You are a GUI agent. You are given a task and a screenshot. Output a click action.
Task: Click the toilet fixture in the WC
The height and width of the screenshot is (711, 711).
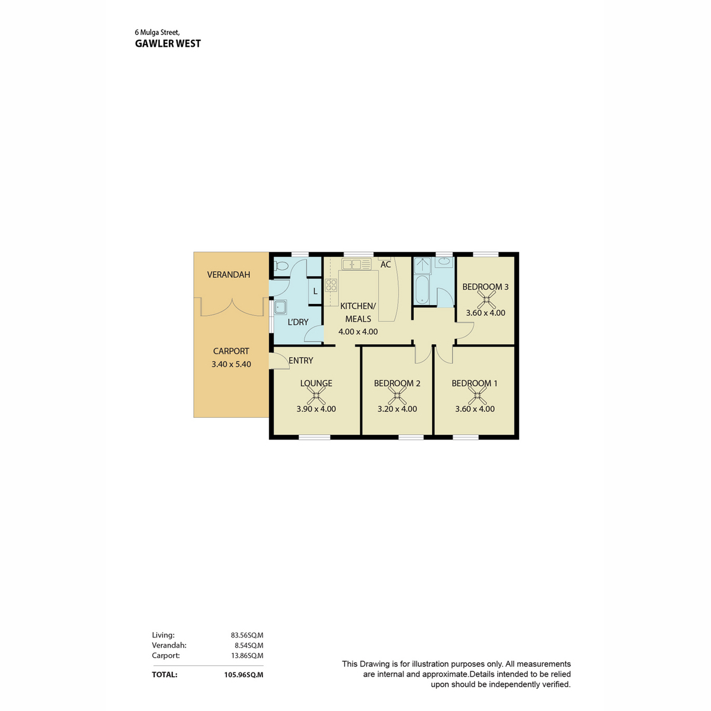[281, 265]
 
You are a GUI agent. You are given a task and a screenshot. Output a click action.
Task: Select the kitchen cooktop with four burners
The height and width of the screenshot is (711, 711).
[331, 285]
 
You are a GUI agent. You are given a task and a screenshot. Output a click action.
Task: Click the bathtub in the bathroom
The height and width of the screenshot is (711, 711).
[422, 289]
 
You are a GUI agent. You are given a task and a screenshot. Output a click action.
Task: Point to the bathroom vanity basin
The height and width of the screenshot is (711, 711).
[444, 262]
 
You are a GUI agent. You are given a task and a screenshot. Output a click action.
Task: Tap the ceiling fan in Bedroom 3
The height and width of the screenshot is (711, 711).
[486, 300]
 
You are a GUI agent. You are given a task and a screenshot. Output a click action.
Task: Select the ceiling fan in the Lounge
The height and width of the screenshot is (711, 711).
[316, 396]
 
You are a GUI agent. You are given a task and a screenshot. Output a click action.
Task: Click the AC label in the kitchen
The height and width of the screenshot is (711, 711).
[385, 264]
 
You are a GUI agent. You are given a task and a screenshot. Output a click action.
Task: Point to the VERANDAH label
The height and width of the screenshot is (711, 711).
[228, 274]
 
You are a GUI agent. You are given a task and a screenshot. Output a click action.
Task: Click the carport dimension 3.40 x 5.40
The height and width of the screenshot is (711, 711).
[231, 364]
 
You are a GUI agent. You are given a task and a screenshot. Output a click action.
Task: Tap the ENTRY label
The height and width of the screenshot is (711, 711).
[301, 360]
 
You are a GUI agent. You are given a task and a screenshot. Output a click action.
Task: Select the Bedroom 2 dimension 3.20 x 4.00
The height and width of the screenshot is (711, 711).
[397, 409]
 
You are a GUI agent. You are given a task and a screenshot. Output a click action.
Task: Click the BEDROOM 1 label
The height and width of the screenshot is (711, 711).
[475, 383]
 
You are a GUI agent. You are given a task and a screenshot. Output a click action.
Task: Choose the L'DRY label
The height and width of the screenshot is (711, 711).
[298, 322]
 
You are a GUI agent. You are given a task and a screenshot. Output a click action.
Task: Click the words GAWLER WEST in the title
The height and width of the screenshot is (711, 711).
[168, 43]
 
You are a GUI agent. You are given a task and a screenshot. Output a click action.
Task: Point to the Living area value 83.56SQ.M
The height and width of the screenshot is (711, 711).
[247, 635]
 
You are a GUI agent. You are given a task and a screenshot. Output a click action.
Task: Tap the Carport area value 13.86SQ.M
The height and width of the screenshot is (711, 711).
[247, 656]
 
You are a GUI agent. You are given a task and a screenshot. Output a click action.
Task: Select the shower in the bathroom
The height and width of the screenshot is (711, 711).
[422, 265]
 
